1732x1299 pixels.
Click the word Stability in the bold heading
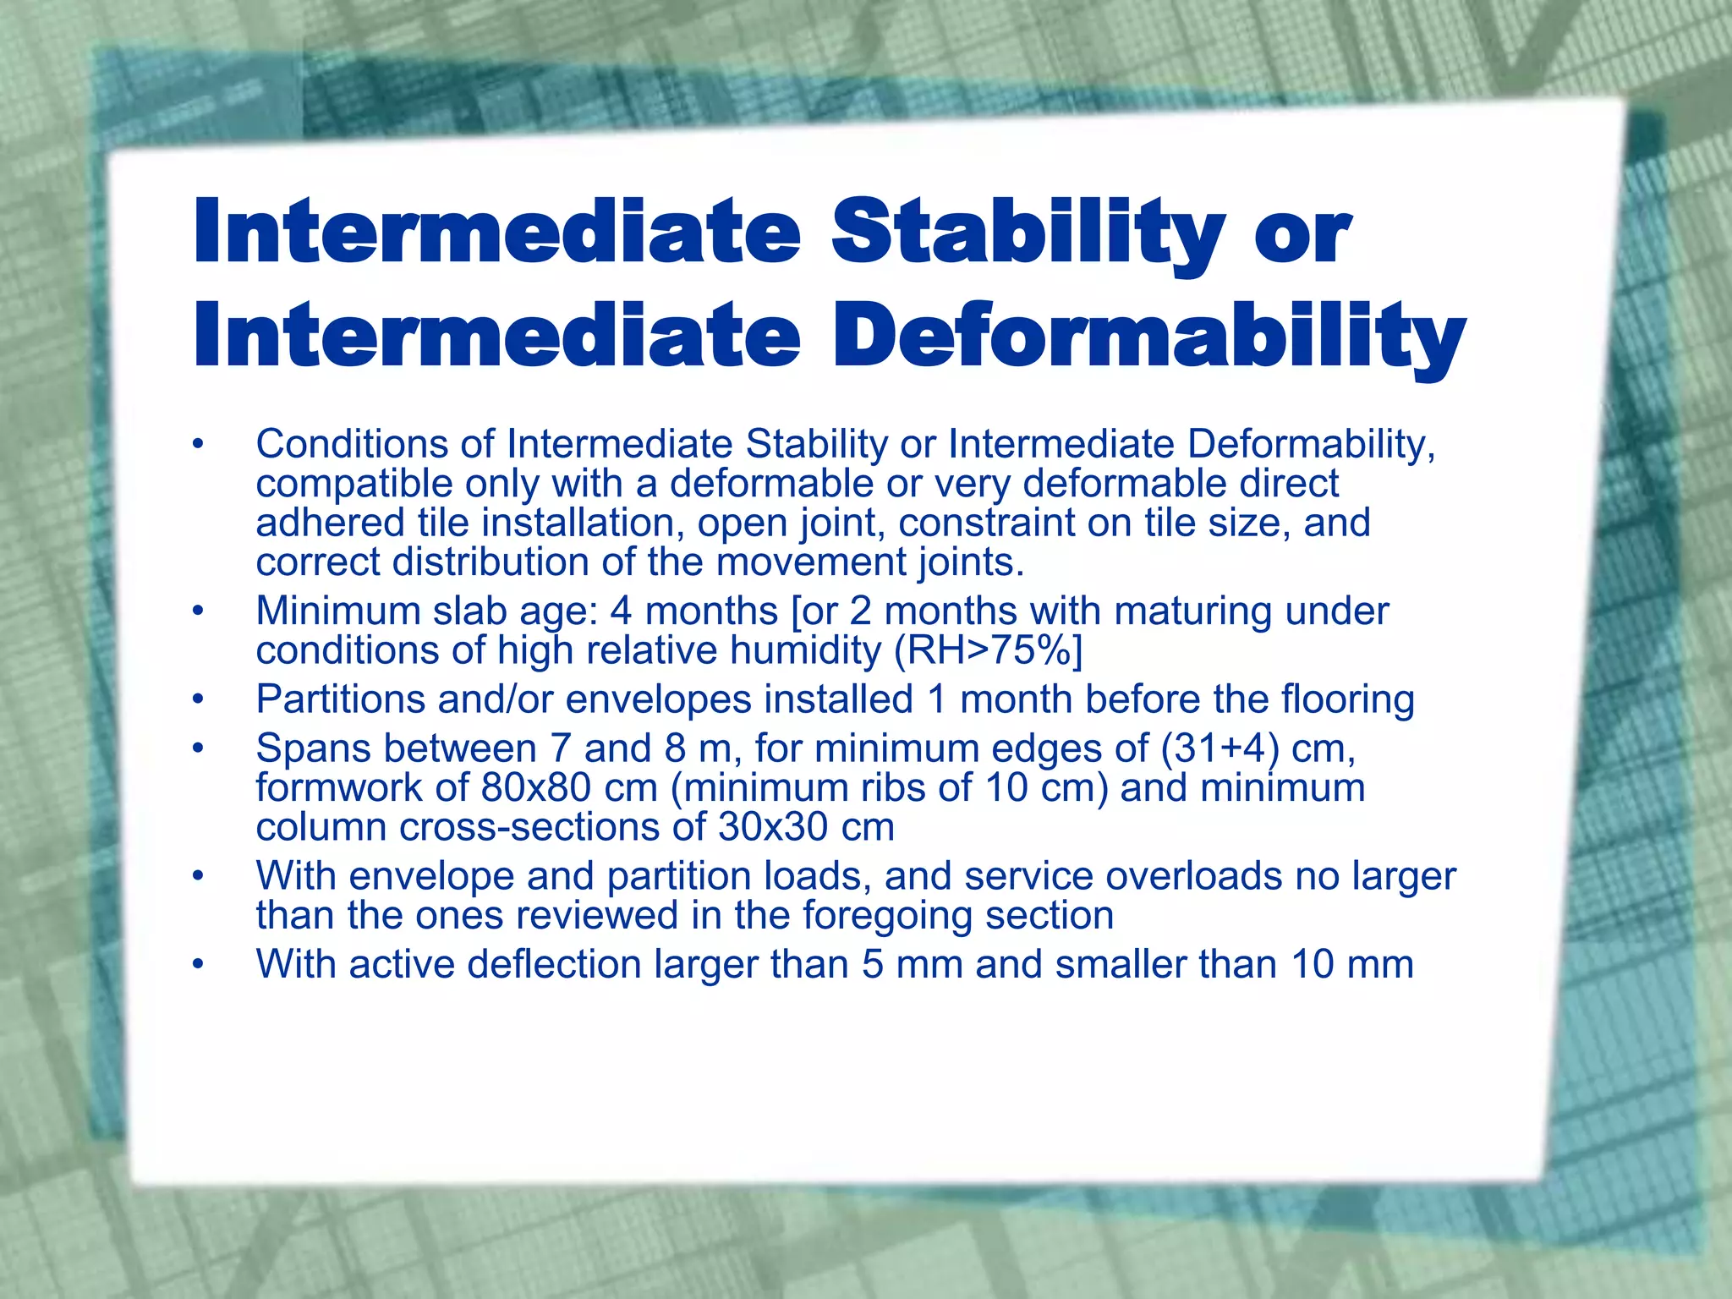[x=1028, y=231]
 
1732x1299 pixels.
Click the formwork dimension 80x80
[x=535, y=788]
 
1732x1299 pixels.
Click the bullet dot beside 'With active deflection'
[x=198, y=964]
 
